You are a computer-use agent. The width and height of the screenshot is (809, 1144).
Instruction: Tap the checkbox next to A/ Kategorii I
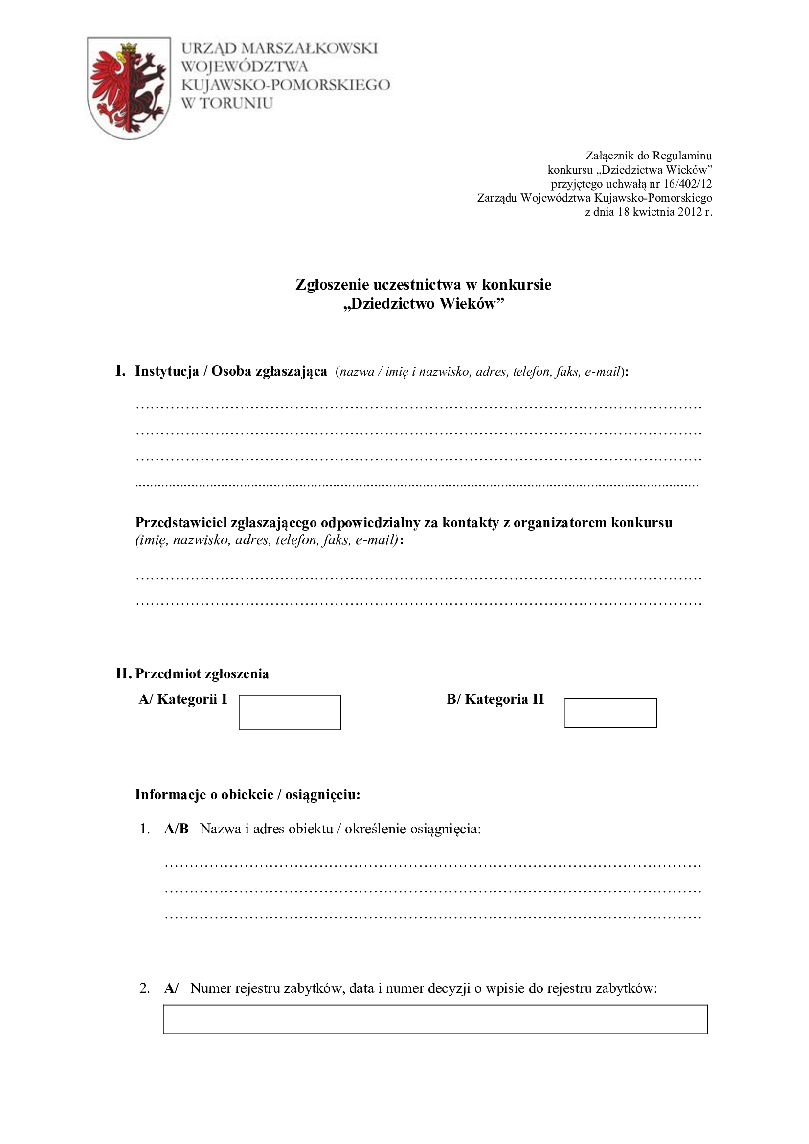click(x=290, y=712)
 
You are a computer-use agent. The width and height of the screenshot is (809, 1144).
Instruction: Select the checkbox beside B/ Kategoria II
click(x=610, y=713)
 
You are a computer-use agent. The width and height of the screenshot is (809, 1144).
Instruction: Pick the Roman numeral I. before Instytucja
click(x=120, y=371)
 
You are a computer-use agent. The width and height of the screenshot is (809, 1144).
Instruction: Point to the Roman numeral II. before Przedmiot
click(x=124, y=673)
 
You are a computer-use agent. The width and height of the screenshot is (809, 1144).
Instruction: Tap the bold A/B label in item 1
click(x=177, y=829)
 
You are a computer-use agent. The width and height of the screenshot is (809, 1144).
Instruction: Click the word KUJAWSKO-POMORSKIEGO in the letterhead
click(x=286, y=85)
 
